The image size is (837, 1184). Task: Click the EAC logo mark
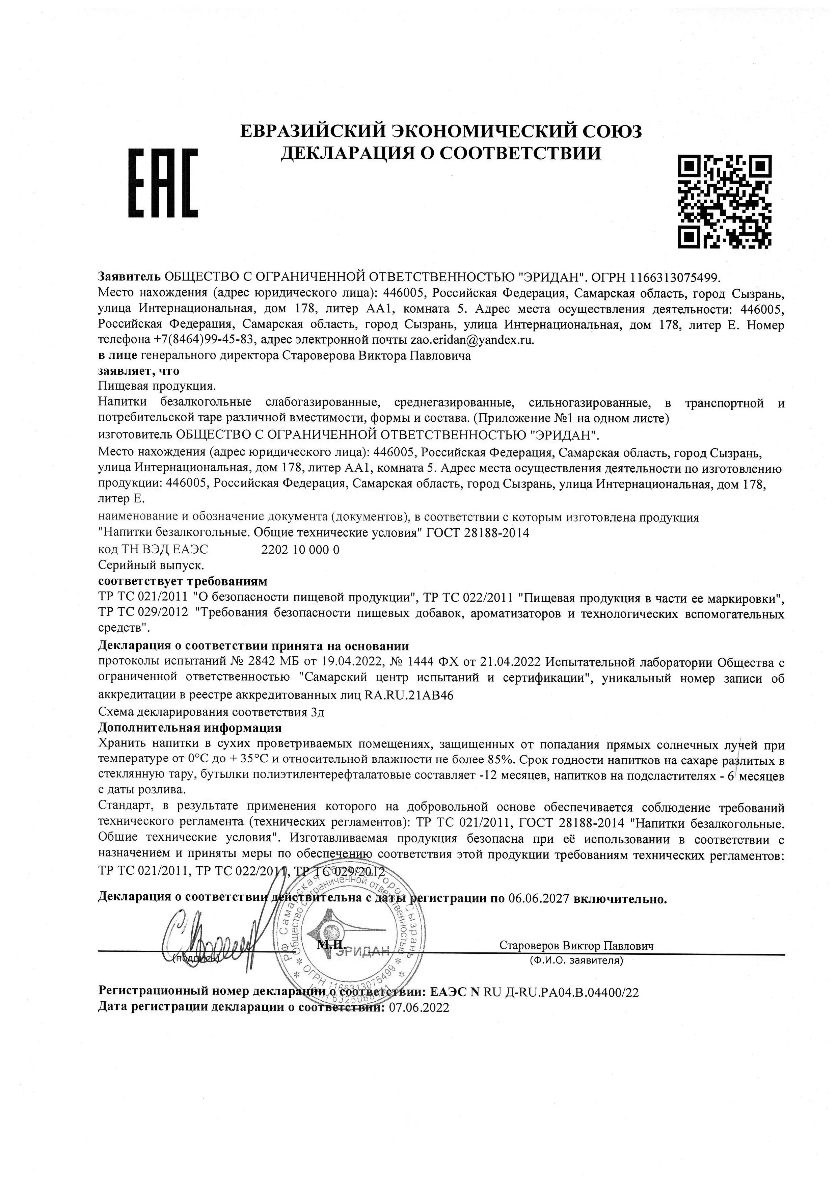tap(163, 183)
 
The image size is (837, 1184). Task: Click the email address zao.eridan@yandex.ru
tap(471, 340)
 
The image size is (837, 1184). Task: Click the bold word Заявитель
tap(129, 277)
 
